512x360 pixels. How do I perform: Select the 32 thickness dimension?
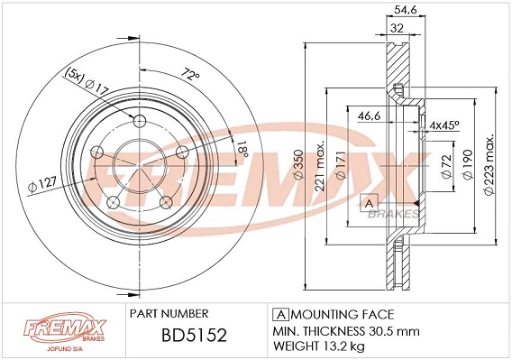click(396, 27)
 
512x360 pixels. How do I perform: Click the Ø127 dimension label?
click(42, 187)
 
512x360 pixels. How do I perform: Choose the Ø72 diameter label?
click(446, 168)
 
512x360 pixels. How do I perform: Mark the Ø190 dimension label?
click(468, 168)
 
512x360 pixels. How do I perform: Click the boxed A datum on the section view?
click(368, 202)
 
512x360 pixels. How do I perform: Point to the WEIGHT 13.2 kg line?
click(320, 346)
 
